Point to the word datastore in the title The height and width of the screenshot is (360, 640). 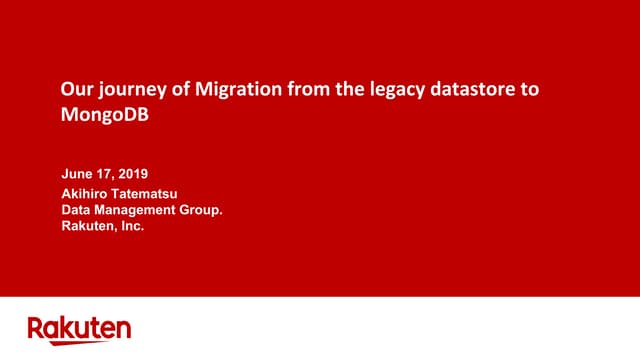pos(472,90)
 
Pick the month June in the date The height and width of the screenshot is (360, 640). pos(79,173)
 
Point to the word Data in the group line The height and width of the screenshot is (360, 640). pos(76,210)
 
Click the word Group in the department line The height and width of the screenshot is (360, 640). pos(199,210)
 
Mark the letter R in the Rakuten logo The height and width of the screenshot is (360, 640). pos(35,328)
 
